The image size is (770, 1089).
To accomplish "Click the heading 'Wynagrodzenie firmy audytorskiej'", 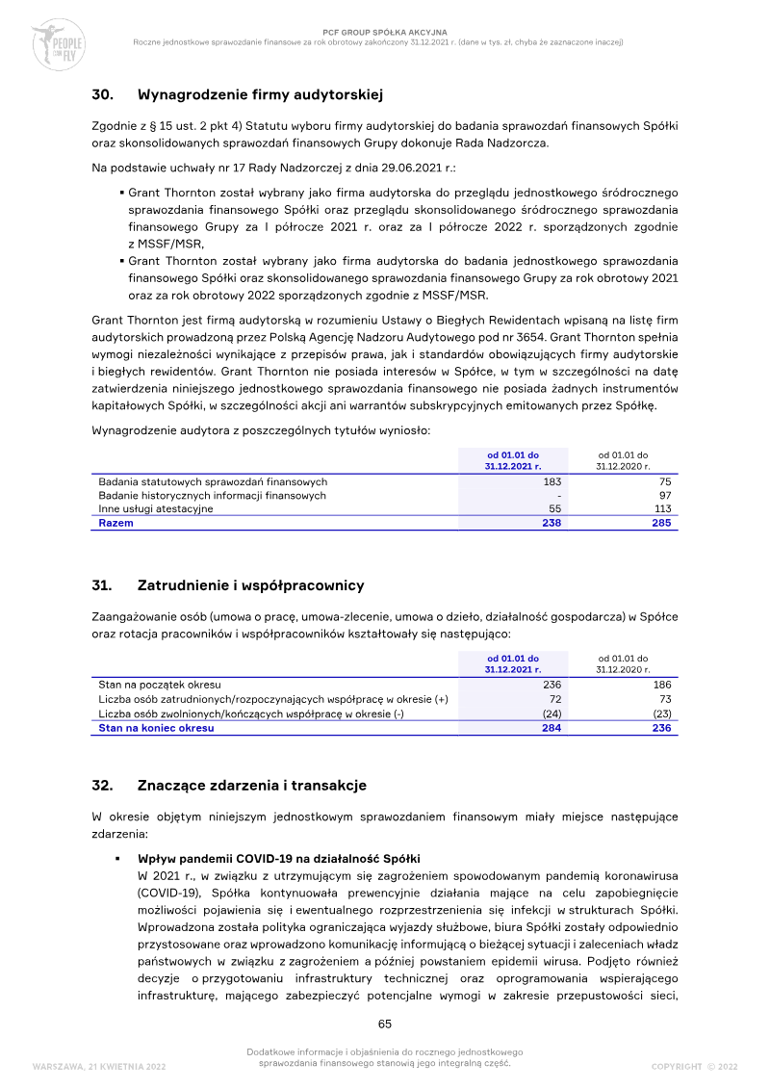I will pos(261,94).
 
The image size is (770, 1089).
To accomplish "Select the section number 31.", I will pos(102,585).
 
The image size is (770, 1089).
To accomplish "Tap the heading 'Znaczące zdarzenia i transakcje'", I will pos(252,786).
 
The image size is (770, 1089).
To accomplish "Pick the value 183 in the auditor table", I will pos(552,481).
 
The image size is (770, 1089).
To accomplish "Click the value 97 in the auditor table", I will pos(664,495).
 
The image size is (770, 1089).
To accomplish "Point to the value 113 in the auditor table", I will pos(662,509).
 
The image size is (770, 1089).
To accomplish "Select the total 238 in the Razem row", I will pos(552,523).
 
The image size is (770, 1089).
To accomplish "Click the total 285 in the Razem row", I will pos(661,523).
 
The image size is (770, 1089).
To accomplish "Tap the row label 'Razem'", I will pos(116,523).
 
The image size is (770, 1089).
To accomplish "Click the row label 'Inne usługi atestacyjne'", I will pos(156,509).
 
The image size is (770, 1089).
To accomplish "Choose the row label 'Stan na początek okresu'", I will pos(160,685).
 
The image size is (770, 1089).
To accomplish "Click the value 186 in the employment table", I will pos(661,685).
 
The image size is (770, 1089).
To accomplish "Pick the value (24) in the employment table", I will pos(551,713).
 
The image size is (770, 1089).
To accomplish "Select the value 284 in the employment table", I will pos(552,728).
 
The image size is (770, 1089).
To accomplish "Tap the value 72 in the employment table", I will pos(554,699).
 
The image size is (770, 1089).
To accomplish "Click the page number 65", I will pos(384,1024).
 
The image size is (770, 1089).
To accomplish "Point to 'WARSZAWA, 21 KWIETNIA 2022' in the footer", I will pos(99,1067).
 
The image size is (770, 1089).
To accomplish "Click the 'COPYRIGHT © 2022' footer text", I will pos(694,1067).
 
